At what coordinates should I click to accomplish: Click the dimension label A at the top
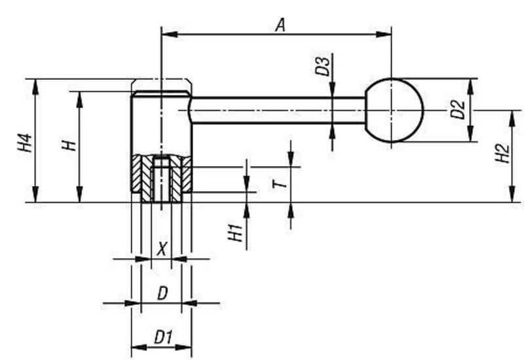pyautogui.click(x=280, y=25)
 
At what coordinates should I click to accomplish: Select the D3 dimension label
pyautogui.click(x=322, y=67)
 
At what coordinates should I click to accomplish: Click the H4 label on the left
pyautogui.click(x=24, y=143)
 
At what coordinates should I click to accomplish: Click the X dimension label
pyautogui.click(x=162, y=249)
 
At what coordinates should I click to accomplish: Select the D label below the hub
pyautogui.click(x=161, y=293)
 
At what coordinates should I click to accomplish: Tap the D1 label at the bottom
pyautogui.click(x=162, y=337)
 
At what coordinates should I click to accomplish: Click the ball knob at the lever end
pyautogui.click(x=394, y=111)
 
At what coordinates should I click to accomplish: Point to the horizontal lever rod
pyautogui.click(x=275, y=110)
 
